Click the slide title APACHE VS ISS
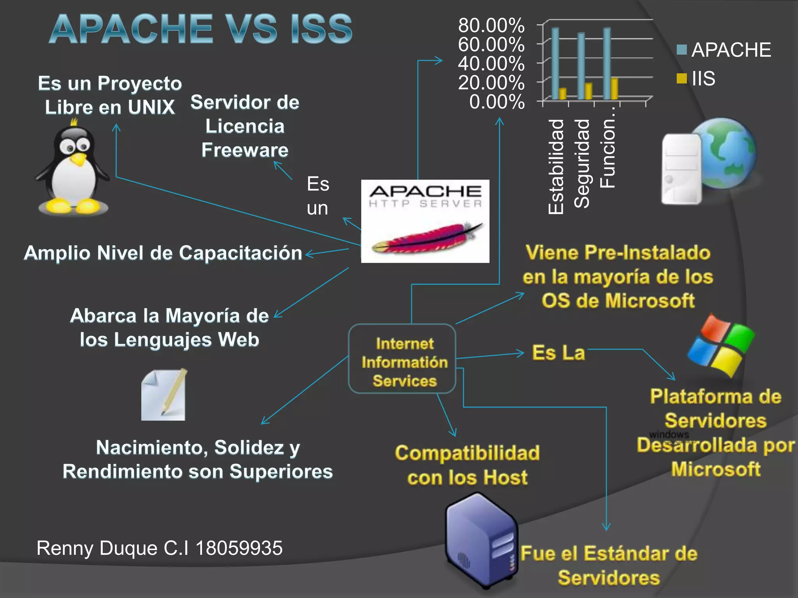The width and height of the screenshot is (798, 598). (x=201, y=29)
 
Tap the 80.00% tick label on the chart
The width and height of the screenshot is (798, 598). (x=491, y=26)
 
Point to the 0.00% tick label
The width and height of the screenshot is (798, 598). (x=497, y=102)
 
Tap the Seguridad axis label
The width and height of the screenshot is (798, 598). (x=582, y=164)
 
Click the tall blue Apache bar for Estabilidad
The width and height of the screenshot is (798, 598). (x=555, y=62)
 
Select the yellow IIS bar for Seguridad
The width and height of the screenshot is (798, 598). (x=588, y=91)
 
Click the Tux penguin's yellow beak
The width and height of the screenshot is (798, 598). (x=79, y=158)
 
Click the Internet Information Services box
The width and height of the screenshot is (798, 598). (x=402, y=359)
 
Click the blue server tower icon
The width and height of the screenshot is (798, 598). (x=482, y=541)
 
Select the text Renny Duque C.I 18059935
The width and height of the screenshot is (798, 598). (x=159, y=548)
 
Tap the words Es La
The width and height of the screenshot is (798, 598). (x=558, y=353)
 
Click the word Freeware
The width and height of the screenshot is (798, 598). (x=245, y=150)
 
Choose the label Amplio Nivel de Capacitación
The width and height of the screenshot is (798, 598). (x=163, y=253)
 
